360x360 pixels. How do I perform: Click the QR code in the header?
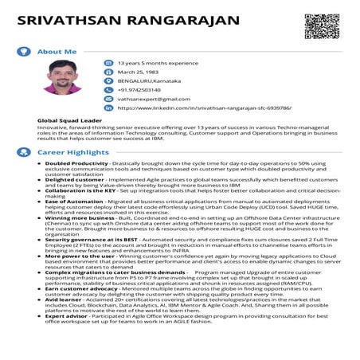pos(317,26)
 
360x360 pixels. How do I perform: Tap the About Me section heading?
pos(57,51)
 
